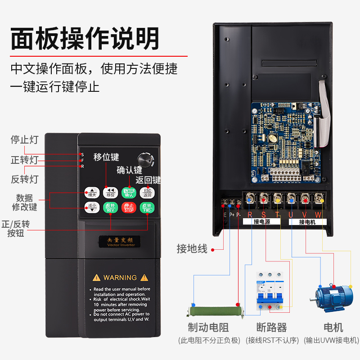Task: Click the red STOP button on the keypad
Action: click(129, 208)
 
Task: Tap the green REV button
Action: click(110, 208)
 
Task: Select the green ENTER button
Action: click(129, 193)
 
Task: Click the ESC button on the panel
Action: click(147, 193)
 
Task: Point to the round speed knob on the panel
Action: click(146, 160)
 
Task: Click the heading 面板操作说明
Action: click(85, 39)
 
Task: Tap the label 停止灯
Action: click(25, 139)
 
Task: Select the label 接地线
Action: click(192, 248)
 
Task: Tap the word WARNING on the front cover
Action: click(120, 278)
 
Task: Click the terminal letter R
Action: click(250, 215)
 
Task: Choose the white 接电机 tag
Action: click(307, 222)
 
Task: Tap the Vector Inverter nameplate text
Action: click(119, 242)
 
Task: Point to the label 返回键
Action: click(148, 180)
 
